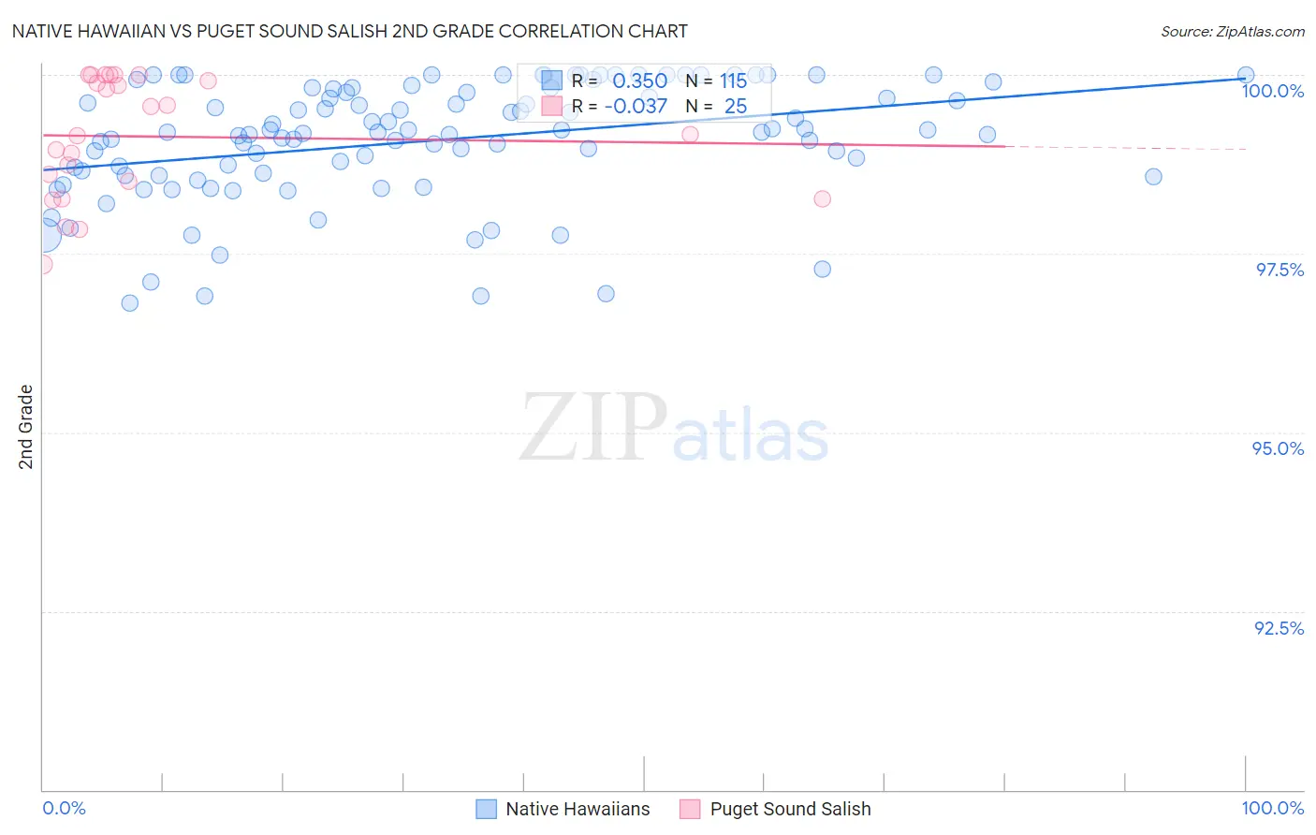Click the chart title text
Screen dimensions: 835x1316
tap(348, 32)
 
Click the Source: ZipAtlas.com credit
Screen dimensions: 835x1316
tap(1232, 32)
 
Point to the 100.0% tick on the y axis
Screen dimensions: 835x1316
tap(1272, 91)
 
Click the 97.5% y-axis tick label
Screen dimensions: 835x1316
tap(1279, 270)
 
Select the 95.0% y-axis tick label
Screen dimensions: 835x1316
tap(1278, 448)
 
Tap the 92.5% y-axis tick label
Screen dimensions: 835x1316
tap(1279, 628)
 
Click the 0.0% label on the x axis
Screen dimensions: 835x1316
tap(64, 808)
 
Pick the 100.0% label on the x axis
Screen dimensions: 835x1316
tap(1272, 808)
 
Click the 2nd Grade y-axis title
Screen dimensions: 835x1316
tap(26, 427)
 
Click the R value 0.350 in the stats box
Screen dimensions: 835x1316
tap(639, 81)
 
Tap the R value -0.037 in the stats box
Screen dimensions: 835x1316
tap(636, 107)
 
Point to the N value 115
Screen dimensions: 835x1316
tap(733, 81)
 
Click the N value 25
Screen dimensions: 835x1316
tap(735, 107)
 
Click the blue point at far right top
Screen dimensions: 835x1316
tap(1245, 75)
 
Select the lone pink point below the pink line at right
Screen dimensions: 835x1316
tap(822, 198)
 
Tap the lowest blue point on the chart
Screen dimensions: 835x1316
tap(130, 303)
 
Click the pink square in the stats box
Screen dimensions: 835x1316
tap(551, 107)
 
